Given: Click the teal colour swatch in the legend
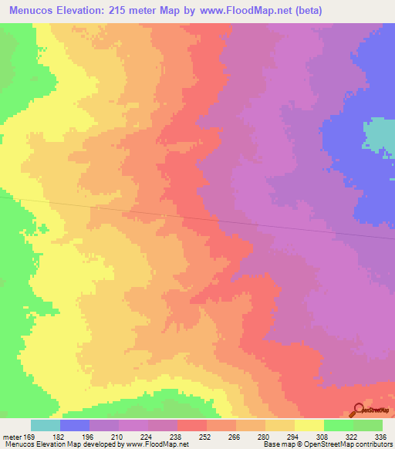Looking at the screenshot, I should pos(46,425).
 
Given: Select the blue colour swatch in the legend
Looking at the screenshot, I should pos(75,425).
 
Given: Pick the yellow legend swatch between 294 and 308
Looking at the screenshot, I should pos(309,425).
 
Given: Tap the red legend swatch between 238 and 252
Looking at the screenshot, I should pos(192,425).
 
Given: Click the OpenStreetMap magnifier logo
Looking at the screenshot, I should pos(358,409).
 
